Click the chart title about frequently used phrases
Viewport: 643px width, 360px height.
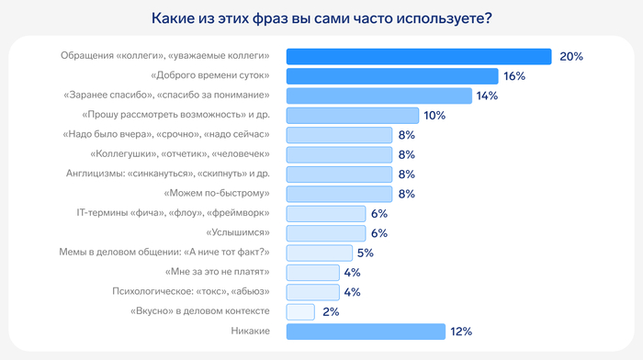(321, 19)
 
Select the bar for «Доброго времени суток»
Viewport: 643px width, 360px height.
(392, 76)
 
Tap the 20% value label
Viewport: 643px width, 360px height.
(571, 57)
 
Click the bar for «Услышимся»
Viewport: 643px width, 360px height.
(326, 233)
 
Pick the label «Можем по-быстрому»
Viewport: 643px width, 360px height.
(217, 194)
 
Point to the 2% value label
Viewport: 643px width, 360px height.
(331, 312)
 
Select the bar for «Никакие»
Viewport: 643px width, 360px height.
(366, 332)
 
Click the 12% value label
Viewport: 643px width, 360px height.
(461, 332)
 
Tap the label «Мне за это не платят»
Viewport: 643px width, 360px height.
(217, 273)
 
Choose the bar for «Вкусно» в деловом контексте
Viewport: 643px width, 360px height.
(300, 312)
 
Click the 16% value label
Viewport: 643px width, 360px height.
(514, 76)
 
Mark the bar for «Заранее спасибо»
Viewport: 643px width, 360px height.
(379, 96)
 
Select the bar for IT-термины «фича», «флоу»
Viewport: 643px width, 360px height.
(326, 214)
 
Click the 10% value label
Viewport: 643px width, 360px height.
(434, 116)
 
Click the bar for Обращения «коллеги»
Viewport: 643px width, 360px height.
(419, 57)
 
